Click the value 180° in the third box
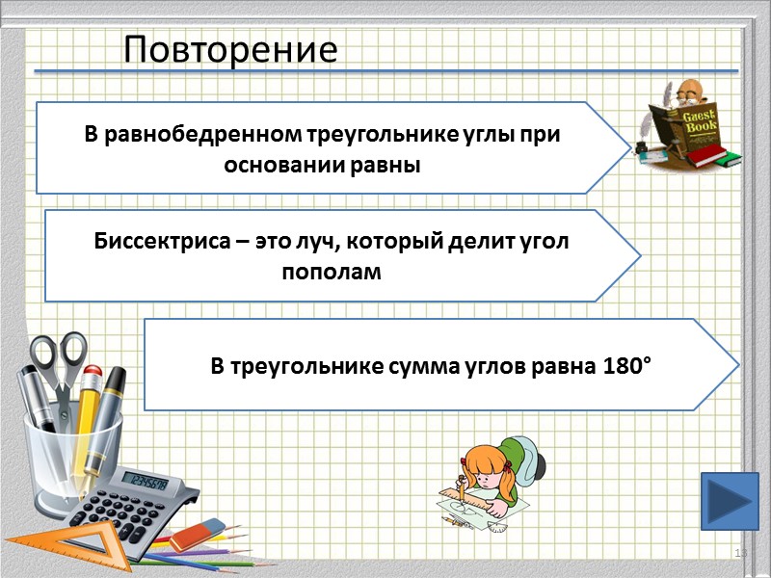[627, 365]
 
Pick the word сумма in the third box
[424, 365]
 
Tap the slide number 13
[741, 552]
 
